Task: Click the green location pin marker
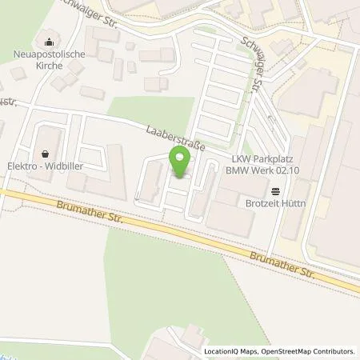[x=179, y=163]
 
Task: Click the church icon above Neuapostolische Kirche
[x=50, y=42]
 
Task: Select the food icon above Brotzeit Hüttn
[x=276, y=190]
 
